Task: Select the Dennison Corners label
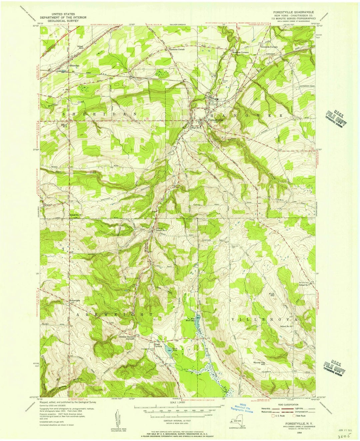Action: (269, 47)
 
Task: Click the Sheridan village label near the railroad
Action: (74, 66)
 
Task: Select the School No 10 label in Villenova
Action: (286, 326)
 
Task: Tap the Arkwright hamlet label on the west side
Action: (75, 301)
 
